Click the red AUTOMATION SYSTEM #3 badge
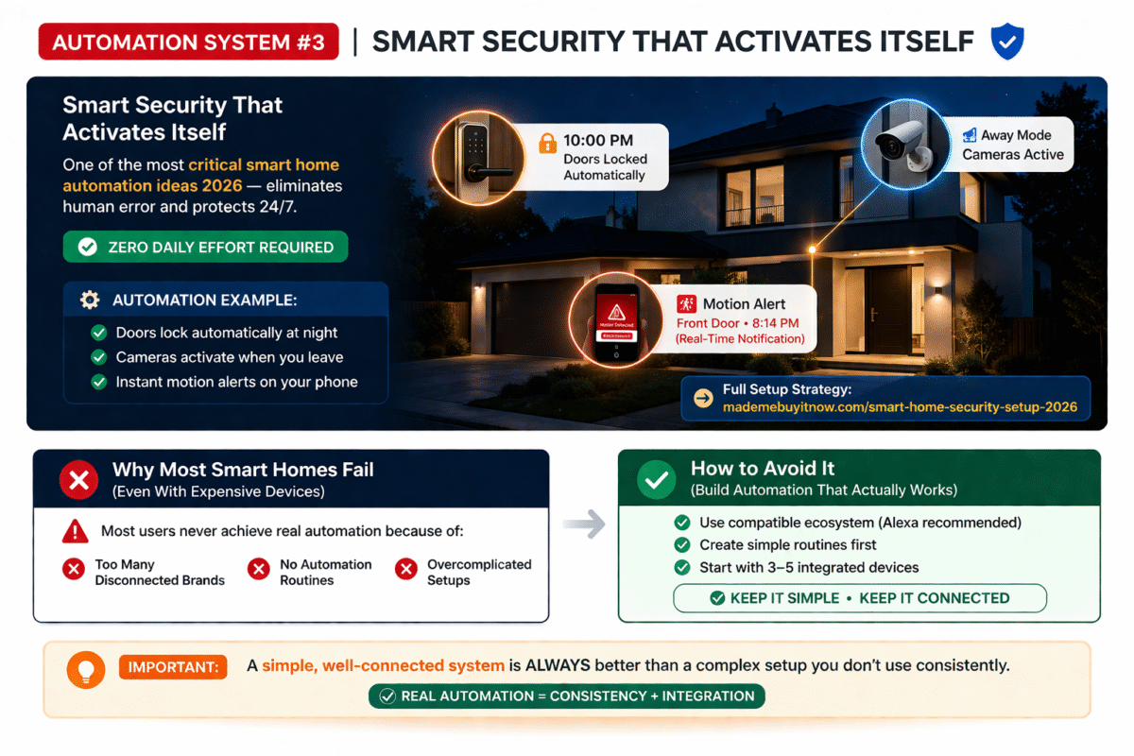[188, 42]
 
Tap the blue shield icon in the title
[1006, 43]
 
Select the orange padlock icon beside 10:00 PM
[547, 144]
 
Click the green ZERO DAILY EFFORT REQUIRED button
[205, 247]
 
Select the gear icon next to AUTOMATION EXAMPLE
[90, 301]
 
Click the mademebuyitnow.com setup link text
[899, 407]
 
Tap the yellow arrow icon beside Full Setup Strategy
[703, 398]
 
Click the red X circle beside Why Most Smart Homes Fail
[78, 480]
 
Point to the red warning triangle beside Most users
[76, 532]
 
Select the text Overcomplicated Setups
[478, 572]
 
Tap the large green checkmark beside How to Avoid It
[654, 480]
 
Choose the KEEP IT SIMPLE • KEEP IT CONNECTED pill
[859, 598]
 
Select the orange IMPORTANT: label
[173, 666]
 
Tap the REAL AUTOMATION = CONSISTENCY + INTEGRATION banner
[566, 696]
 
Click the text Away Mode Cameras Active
[1012, 145]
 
